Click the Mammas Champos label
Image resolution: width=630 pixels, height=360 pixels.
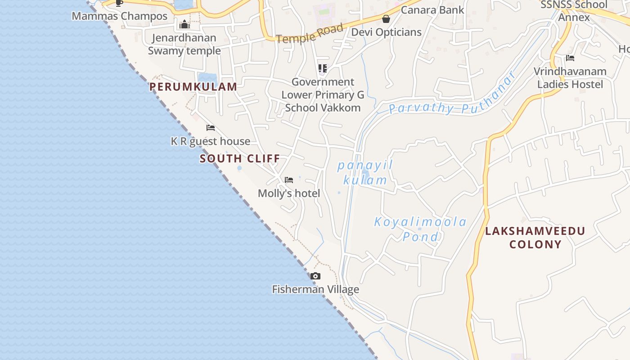(119, 16)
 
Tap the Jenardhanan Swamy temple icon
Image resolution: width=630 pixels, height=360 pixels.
(184, 25)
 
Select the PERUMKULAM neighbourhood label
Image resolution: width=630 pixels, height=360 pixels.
(193, 87)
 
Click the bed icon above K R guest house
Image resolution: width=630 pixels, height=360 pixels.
(211, 128)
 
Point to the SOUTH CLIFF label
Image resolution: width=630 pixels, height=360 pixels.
(240, 158)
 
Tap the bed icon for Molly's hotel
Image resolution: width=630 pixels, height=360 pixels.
(289, 180)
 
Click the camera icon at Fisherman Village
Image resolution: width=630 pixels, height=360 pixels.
(315, 276)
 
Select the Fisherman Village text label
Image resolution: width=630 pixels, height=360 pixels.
(315, 289)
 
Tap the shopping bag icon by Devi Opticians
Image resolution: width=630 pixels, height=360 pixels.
(386, 19)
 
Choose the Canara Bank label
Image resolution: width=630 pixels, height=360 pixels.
(432, 9)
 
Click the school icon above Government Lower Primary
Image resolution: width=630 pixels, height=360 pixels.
(322, 68)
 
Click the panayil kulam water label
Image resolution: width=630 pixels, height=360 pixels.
(365, 173)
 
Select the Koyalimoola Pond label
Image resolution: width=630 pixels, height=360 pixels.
(420, 229)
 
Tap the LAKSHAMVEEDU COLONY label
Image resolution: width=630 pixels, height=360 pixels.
(535, 238)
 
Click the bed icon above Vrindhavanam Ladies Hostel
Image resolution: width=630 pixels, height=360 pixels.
(570, 58)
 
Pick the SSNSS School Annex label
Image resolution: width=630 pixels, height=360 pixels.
(574, 11)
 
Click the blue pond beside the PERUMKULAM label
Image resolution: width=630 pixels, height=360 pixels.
(207, 78)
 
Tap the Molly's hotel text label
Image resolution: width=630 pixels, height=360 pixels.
(289, 193)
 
